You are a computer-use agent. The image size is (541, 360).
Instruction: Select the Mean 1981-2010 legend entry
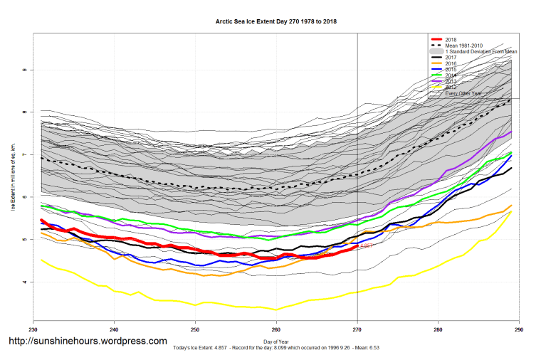pyautogui.click(x=463, y=46)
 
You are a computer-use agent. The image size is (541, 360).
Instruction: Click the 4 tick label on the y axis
pyautogui.click(x=25, y=282)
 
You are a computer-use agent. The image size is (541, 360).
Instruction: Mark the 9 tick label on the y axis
pyautogui.click(x=25, y=70)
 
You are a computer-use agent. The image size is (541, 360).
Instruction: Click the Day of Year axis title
pyautogui.click(x=275, y=340)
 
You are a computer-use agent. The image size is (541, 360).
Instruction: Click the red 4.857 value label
pyautogui.click(x=367, y=245)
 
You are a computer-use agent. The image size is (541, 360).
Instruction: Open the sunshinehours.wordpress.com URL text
pyautogui.click(x=87, y=342)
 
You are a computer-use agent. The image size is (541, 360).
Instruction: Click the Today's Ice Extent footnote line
pyautogui.click(x=275, y=348)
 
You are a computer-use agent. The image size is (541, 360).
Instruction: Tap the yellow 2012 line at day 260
pyautogui.click(x=276, y=309)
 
